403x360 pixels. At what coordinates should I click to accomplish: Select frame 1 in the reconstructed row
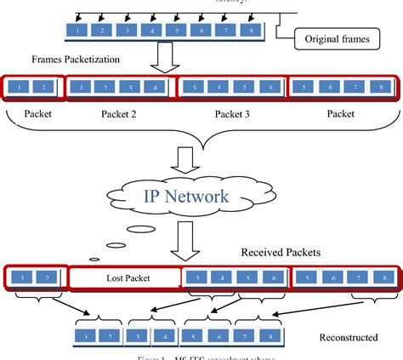point(88,337)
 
